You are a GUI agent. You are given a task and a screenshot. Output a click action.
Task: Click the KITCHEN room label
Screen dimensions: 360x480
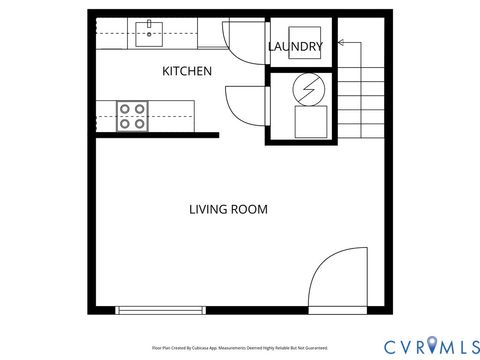[x=187, y=71]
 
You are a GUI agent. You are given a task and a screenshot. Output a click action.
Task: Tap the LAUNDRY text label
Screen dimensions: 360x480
[x=295, y=47]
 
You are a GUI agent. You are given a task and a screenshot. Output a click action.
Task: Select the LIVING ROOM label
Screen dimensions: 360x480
[x=228, y=209]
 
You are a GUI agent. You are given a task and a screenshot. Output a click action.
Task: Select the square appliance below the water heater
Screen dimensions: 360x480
[x=311, y=122]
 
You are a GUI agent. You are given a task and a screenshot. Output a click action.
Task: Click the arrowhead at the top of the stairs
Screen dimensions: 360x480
[x=341, y=43]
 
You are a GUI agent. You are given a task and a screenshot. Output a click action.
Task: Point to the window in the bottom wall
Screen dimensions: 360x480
[x=161, y=310]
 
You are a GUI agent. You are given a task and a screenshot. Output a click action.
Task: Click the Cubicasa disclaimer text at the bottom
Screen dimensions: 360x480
[x=240, y=348]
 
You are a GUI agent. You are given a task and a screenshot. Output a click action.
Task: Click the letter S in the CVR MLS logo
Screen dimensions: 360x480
[x=467, y=345]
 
